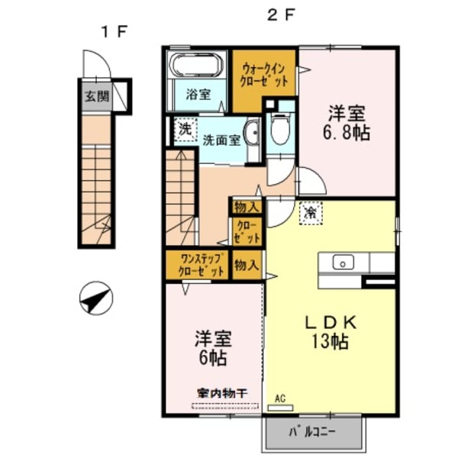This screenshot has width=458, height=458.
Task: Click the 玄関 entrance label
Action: click(x=96, y=97)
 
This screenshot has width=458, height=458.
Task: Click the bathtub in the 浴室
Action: click(x=195, y=66)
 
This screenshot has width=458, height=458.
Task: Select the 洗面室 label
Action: click(x=221, y=140)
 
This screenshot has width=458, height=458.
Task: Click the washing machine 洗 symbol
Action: click(x=185, y=130)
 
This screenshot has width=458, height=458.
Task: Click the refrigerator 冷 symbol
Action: click(x=311, y=211)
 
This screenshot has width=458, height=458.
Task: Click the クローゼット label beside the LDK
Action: click(x=247, y=233)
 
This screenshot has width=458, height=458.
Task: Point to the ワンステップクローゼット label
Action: click(x=197, y=265)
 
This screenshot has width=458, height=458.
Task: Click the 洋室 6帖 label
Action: click(x=213, y=347)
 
